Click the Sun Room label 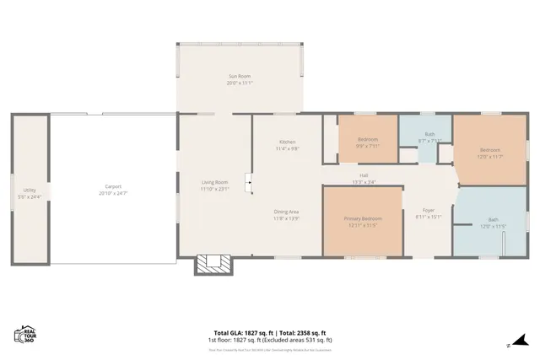[x=239, y=77]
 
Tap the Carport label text [x=113, y=186]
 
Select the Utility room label [x=30, y=191]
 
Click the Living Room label [x=214, y=182]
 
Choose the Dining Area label [x=287, y=212]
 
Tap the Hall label [x=364, y=176]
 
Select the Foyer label [x=428, y=211]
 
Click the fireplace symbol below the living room [x=213, y=265]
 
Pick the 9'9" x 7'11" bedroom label [x=368, y=145]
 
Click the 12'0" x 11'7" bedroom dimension [x=490, y=156]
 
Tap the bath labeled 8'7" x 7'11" [x=429, y=140]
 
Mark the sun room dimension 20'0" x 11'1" [x=239, y=83]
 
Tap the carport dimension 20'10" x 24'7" [x=113, y=193]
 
